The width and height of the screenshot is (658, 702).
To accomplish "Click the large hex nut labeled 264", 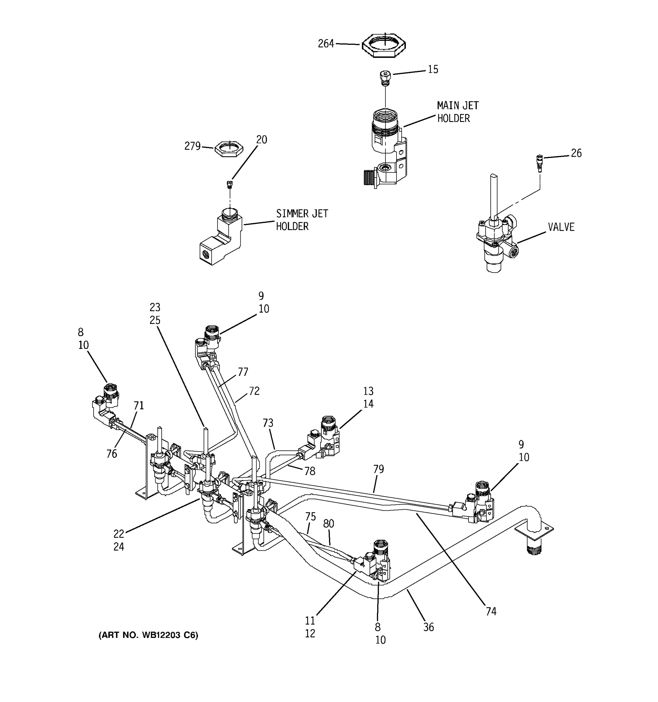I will click(384, 45).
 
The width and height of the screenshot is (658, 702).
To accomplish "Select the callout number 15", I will click(433, 70).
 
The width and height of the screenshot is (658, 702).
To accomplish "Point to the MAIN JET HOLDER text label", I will click(457, 112).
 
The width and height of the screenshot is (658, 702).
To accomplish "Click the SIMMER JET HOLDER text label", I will click(302, 220).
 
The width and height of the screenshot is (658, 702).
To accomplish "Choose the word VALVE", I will click(561, 227).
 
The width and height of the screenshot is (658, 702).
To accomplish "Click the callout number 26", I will click(576, 153).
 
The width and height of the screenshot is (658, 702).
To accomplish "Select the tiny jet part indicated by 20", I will click(230, 184).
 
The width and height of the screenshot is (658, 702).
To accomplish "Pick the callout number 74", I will click(491, 612).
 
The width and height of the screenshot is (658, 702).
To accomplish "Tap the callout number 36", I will click(428, 627).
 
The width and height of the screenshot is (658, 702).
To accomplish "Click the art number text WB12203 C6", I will click(148, 635).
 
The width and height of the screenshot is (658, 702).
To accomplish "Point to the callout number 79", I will click(378, 469).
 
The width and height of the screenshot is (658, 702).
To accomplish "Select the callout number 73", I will click(268, 423).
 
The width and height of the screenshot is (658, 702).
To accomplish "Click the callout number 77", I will click(243, 372).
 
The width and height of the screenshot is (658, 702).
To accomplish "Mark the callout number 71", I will click(139, 405).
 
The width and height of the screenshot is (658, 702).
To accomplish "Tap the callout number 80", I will click(328, 524).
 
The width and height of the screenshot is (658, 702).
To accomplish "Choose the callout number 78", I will click(310, 471).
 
